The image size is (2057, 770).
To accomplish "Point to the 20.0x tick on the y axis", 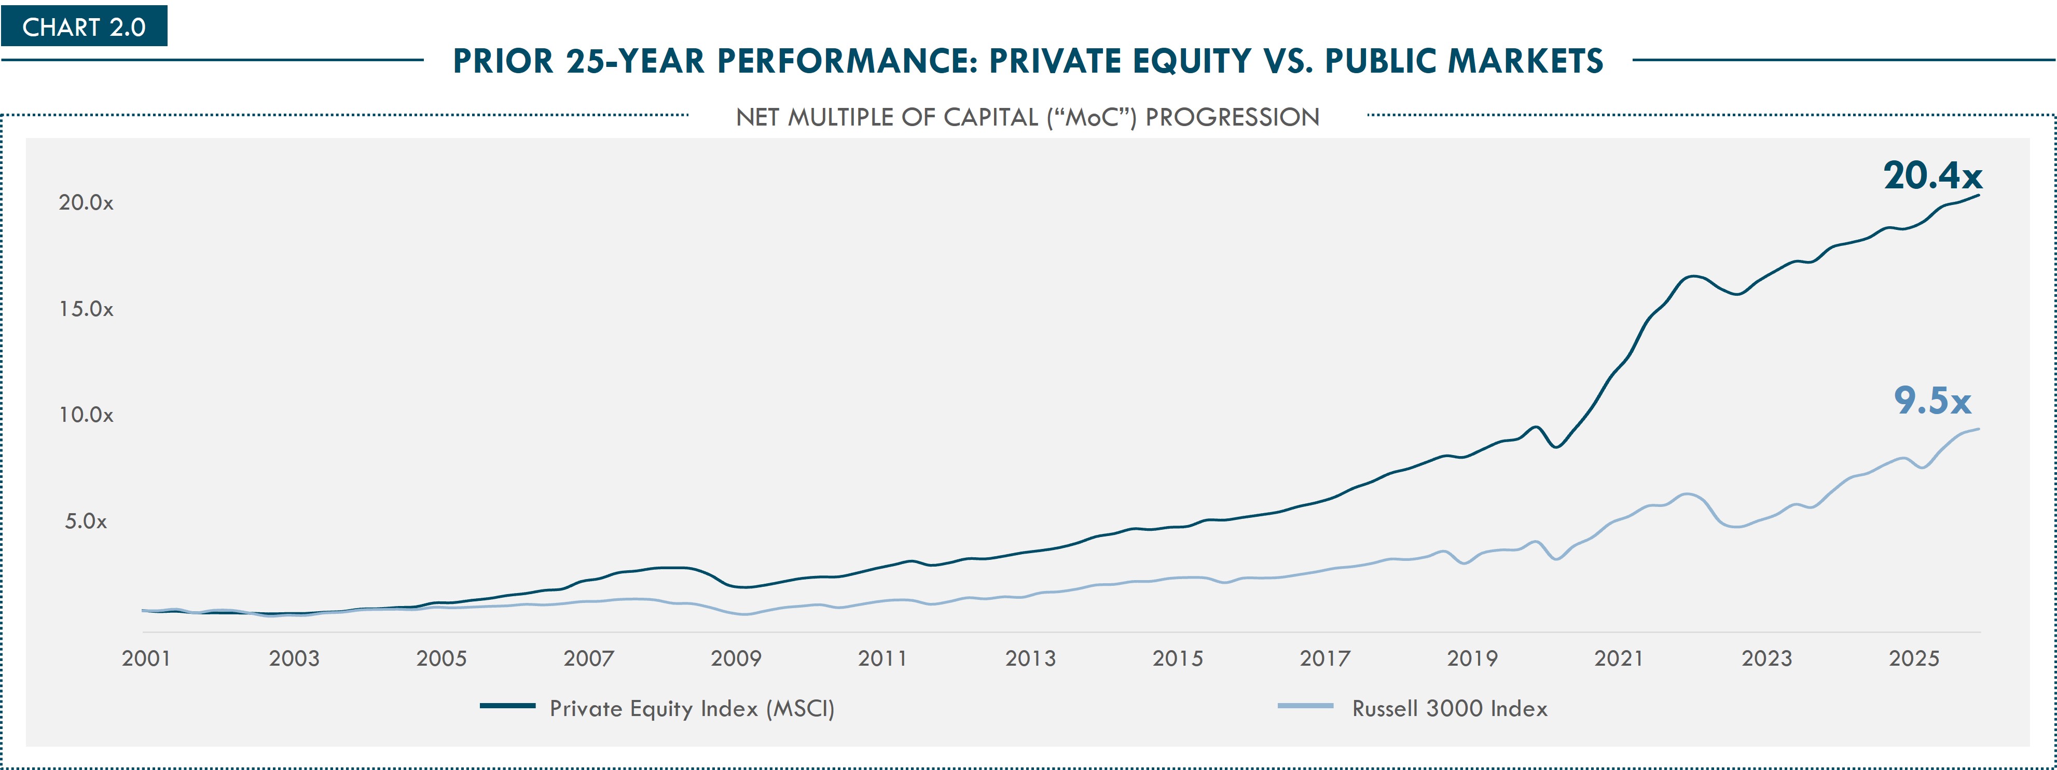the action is [86, 203].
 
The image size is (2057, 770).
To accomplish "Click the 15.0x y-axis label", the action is [86, 309].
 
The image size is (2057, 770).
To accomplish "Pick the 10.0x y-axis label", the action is [86, 415].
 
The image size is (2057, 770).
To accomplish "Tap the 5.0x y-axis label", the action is [86, 521].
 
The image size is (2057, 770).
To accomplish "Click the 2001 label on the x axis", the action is [146, 659].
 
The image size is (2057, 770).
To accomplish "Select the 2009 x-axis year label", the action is [736, 659].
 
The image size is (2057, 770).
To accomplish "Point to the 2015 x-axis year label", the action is [1178, 659].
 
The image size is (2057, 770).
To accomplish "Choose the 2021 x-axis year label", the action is [1619, 659].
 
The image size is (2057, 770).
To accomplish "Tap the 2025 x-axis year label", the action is [1914, 659].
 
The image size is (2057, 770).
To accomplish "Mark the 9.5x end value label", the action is [1932, 400].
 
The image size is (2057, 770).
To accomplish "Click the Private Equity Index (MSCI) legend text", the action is [692, 708].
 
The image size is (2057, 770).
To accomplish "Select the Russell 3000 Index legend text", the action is [1449, 708].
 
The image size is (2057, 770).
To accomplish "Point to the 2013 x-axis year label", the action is [1030, 659].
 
